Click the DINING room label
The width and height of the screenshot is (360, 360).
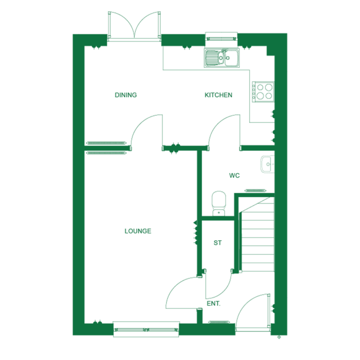click(x=126, y=95)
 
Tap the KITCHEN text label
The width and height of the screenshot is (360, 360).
click(x=218, y=95)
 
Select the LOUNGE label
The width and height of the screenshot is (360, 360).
click(x=138, y=231)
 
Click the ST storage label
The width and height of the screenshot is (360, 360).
click(x=217, y=243)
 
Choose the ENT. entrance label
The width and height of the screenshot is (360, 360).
click(x=213, y=304)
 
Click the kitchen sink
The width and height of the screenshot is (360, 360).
click(x=222, y=58)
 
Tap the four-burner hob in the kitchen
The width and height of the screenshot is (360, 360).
click(x=262, y=90)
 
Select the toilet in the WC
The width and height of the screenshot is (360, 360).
click(x=219, y=204)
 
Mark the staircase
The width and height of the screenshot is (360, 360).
click(x=258, y=234)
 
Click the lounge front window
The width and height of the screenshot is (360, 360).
click(x=146, y=330)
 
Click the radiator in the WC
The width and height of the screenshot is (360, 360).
click(x=255, y=190)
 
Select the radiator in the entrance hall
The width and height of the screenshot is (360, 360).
click(x=219, y=322)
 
